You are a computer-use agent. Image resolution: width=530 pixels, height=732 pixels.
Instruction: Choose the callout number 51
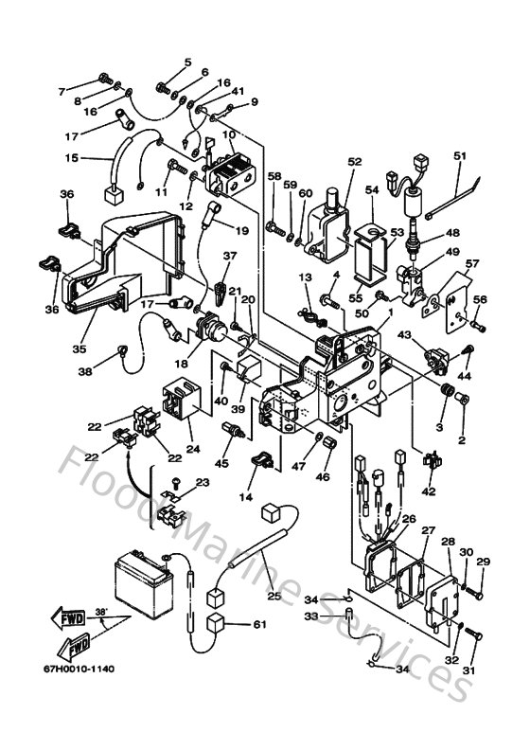point(460,155)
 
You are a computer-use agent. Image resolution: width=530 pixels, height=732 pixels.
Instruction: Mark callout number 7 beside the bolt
point(62,92)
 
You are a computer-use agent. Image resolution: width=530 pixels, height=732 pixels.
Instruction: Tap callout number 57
point(471,263)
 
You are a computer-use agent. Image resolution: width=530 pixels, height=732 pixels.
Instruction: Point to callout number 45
point(221,464)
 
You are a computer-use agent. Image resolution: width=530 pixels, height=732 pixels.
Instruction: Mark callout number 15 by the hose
point(71,158)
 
